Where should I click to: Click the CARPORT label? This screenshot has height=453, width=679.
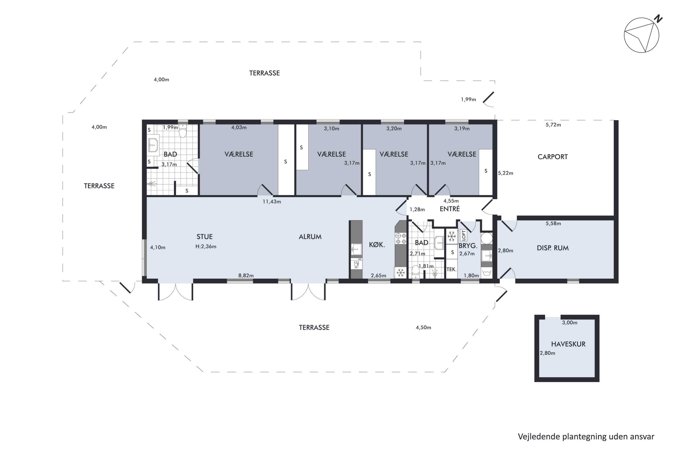(552, 157)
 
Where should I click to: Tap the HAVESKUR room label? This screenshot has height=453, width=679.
(568, 344)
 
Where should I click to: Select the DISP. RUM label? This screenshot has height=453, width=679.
(552, 248)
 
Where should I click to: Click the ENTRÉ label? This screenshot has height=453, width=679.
(449, 209)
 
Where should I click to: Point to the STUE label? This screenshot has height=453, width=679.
(204, 237)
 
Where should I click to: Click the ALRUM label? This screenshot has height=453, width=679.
(310, 237)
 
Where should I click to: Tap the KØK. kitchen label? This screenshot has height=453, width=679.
(377, 245)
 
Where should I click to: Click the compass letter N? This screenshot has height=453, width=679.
(658, 19)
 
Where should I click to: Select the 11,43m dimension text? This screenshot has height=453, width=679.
(272, 202)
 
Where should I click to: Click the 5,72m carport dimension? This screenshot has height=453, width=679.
(553, 125)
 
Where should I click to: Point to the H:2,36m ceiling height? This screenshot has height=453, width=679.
(206, 246)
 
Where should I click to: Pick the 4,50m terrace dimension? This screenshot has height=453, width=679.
(423, 327)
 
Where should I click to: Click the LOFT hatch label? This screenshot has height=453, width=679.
(464, 235)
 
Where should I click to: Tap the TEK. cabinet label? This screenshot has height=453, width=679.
(452, 270)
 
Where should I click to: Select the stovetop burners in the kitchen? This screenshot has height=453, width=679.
(400, 238)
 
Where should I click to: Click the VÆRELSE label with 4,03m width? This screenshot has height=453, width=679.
(239, 154)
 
